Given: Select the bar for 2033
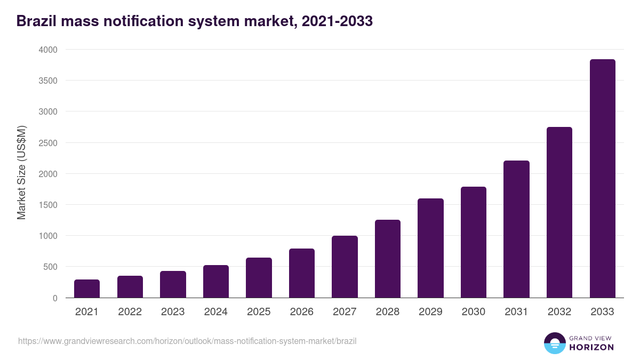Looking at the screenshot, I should click(602, 179).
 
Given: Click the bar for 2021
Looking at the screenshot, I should click(87, 289).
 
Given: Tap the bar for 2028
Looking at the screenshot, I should click(388, 259).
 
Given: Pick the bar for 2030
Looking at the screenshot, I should click(474, 242).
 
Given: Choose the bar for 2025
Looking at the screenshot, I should click(259, 278).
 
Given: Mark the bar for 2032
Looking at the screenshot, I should click(559, 212).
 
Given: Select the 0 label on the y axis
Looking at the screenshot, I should click(55, 298).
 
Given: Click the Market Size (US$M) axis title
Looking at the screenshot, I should click(21, 173).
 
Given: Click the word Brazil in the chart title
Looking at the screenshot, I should click(38, 21).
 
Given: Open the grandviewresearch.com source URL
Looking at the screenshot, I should click(187, 341).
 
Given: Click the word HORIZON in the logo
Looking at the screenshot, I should click(591, 347).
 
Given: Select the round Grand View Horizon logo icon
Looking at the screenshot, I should click(554, 343).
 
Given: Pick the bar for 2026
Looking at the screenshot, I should click(302, 273).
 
